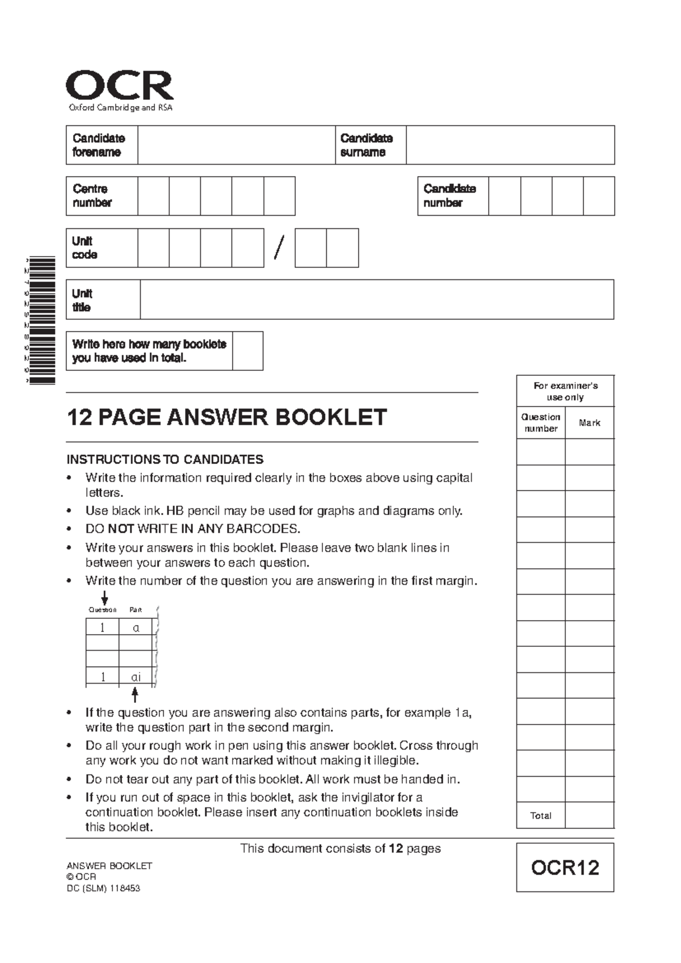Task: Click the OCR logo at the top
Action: coord(120,87)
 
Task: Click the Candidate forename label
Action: coord(98,145)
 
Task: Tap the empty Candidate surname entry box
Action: coord(510,145)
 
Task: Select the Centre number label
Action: coord(91,196)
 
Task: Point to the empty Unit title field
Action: coord(377,299)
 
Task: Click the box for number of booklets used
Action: coord(247,351)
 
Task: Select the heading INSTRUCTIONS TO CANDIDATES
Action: coord(165,459)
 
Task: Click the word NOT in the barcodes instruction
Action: coord(121,529)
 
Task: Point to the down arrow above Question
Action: coord(104,598)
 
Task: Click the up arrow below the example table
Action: coord(135,694)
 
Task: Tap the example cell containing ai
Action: coord(136,677)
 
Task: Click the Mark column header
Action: coord(590,423)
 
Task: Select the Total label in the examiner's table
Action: coord(540,815)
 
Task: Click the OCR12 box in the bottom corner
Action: coord(565,868)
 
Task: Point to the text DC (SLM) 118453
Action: coord(103,889)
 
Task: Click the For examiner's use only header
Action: coord(565,391)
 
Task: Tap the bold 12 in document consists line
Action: coord(396,848)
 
